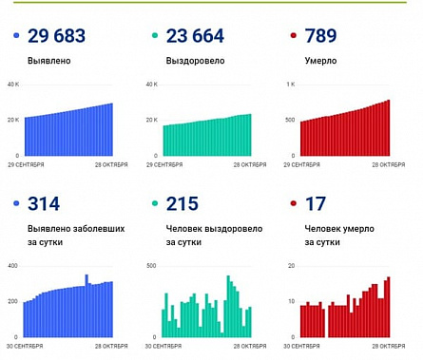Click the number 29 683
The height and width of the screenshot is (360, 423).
[58, 37]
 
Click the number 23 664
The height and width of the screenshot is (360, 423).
[196, 37]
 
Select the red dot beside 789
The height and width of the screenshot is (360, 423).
[293, 37]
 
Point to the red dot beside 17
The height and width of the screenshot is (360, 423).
[293, 205]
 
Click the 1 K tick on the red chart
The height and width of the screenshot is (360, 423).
[292, 85]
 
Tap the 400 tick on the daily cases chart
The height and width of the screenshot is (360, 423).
[13, 265]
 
